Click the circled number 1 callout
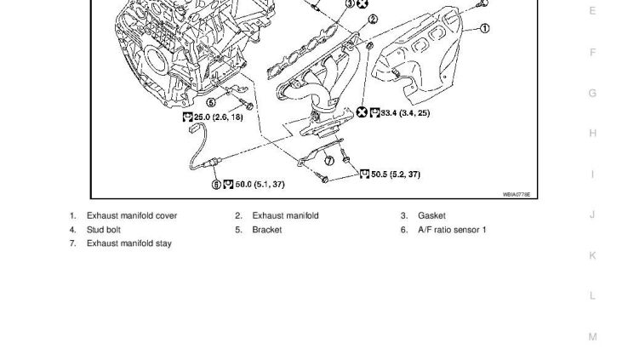pos(485,28)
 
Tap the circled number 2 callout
pos(373,19)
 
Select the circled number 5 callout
pos(211,103)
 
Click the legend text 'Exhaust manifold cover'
pos(132,216)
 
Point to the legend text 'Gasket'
pos(431,216)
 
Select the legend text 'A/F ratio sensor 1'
pos(452,230)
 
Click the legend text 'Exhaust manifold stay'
pos(129,243)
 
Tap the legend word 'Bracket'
pos(267,230)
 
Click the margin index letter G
pos(592,93)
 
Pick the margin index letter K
pos(592,255)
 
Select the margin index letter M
pos(592,337)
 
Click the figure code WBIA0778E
pos(516,194)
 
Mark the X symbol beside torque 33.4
pos(362,112)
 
